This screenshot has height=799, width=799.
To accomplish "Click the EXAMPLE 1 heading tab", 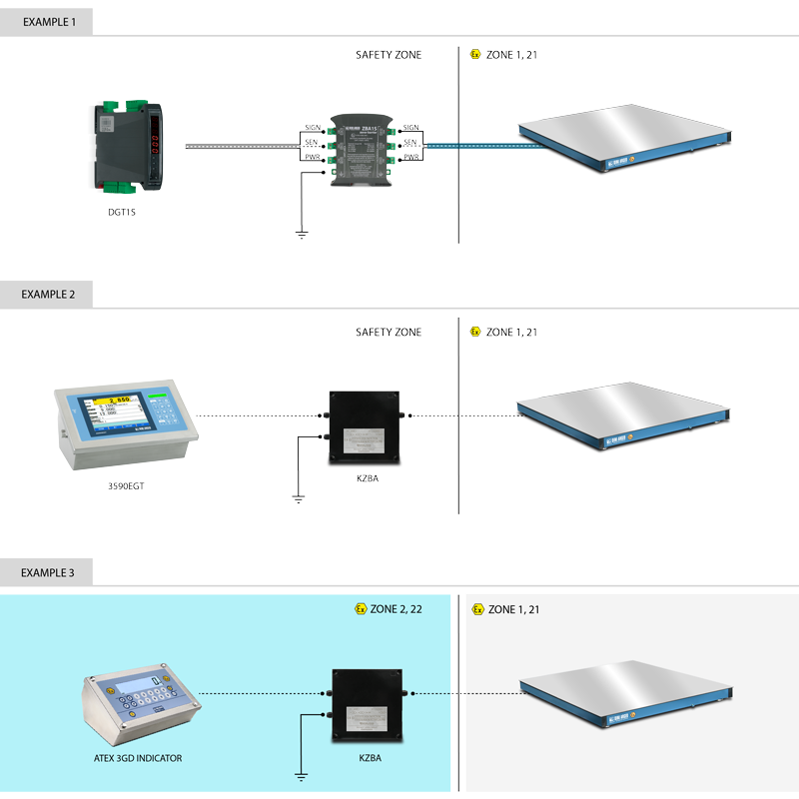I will pyautogui.click(x=47, y=20).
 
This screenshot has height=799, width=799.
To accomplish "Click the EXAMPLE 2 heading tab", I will pyautogui.click(x=47, y=295).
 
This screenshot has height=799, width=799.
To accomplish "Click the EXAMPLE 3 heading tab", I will pyautogui.click(x=47, y=572).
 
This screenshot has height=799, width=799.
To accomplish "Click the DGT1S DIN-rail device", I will pyautogui.click(x=131, y=146).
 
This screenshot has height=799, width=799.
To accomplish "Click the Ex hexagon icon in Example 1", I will pyautogui.click(x=475, y=55).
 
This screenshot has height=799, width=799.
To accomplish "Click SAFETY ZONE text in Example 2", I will pyautogui.click(x=389, y=333).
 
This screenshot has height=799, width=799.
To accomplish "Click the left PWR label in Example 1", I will pyautogui.click(x=313, y=157).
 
